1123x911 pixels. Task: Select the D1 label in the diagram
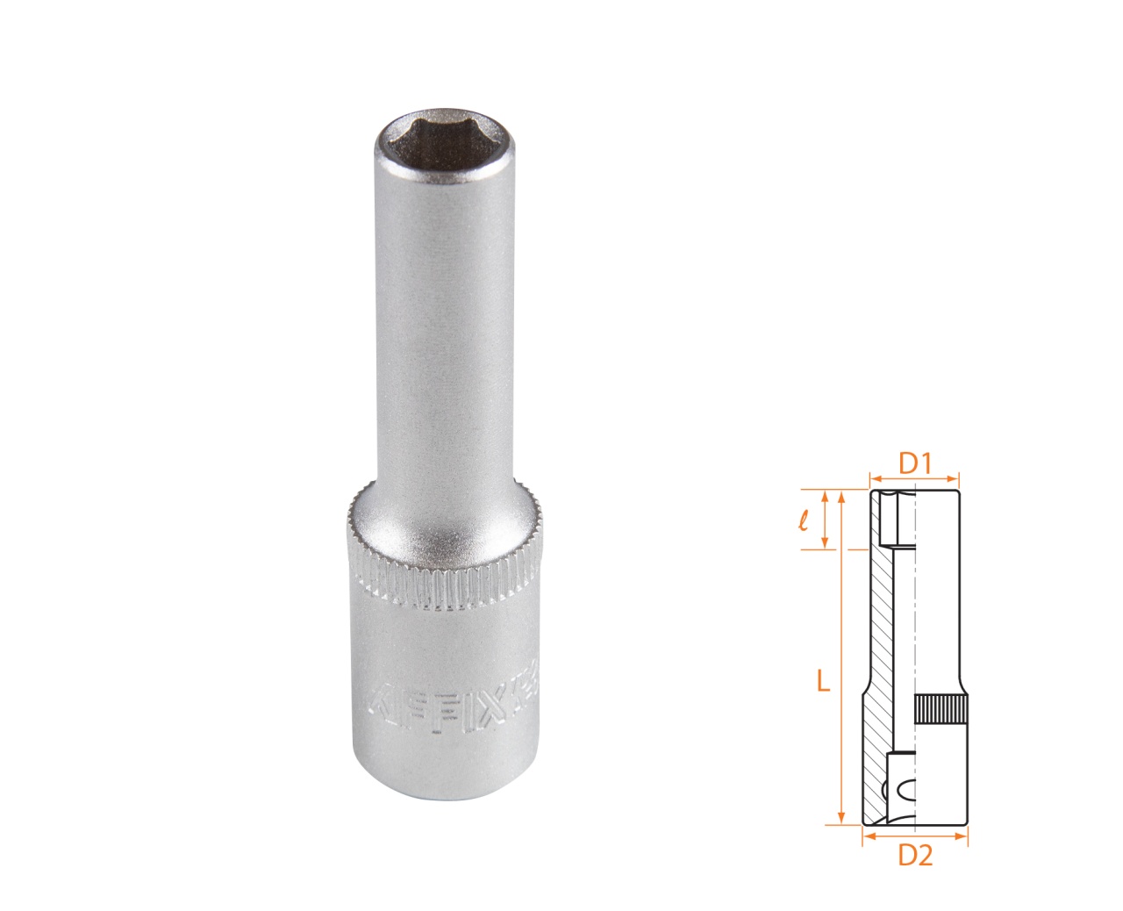(914, 463)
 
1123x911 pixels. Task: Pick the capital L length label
(822, 681)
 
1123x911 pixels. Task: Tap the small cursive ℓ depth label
(804, 520)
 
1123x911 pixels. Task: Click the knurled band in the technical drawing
(941, 708)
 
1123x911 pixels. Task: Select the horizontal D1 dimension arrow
(914, 479)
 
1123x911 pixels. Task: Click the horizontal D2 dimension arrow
(914, 836)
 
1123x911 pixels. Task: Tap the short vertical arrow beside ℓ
(825, 519)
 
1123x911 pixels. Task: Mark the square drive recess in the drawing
(900, 785)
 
